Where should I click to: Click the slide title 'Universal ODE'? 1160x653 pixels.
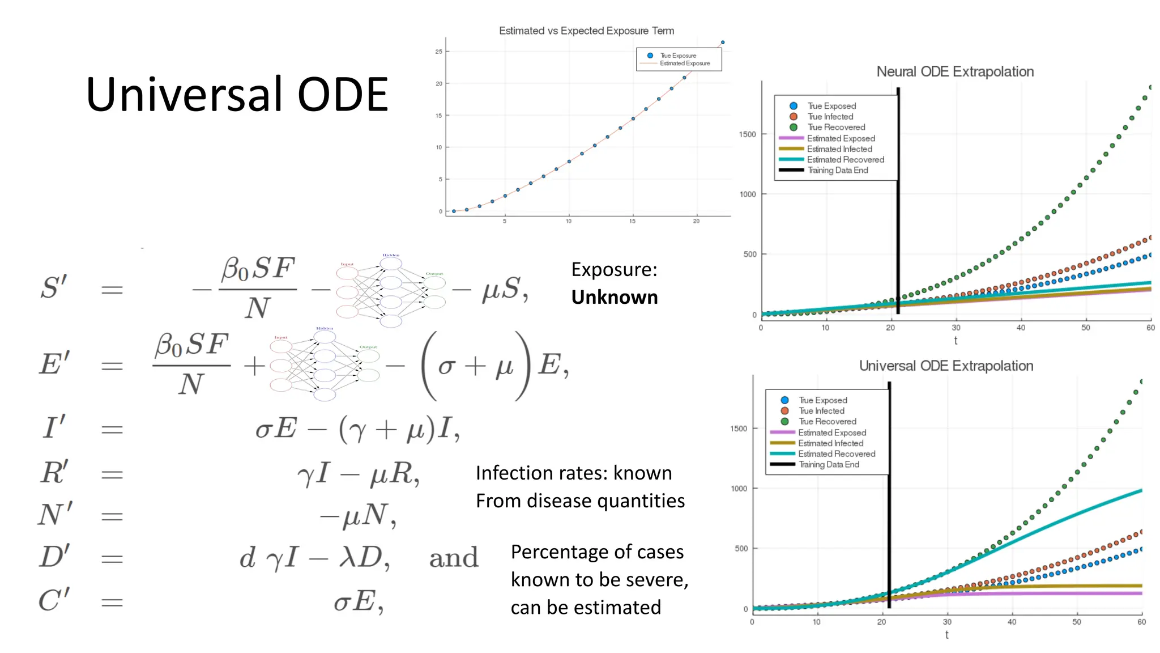pos(237,95)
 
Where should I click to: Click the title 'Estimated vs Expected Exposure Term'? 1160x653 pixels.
pos(586,31)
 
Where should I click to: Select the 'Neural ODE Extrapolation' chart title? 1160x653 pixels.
pos(955,71)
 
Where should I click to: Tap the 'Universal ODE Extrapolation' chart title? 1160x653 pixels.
pos(946,366)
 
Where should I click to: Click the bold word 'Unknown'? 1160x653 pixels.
pos(615,297)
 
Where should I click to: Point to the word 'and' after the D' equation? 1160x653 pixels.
pos(454,558)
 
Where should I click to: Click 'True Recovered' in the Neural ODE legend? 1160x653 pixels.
pos(836,127)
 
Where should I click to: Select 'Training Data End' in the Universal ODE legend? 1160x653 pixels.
pos(829,464)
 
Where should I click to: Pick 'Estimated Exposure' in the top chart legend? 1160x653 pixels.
pos(684,63)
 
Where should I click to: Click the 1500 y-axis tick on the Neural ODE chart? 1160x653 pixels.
pos(747,134)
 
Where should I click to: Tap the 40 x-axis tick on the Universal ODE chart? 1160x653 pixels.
pos(1012,622)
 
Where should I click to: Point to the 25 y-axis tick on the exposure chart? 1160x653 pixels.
pos(438,52)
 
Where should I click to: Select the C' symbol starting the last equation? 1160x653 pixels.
pos(54,600)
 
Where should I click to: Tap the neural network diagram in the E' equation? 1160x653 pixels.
pos(325,364)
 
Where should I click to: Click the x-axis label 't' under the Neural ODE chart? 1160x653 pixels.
pos(956,341)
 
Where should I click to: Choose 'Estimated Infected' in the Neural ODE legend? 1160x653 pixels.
pos(839,149)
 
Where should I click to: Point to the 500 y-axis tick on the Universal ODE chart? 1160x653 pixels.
pos(741,549)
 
